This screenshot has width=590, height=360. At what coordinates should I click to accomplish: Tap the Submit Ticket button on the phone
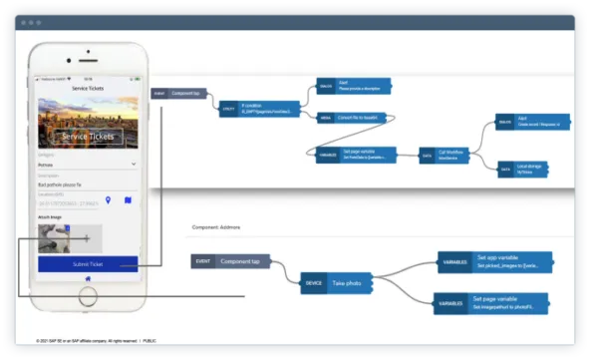coord(88,264)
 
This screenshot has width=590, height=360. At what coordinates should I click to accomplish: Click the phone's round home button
coord(88,296)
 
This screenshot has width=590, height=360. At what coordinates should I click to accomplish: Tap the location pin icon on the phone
coord(108,201)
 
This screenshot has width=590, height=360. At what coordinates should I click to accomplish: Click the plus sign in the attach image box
coord(87,238)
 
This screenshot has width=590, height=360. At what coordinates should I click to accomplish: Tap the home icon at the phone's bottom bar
coord(88,278)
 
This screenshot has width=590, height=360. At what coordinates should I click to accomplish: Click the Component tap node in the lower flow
coord(230,261)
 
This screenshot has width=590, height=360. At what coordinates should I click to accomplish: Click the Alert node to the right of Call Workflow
coord(528,122)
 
